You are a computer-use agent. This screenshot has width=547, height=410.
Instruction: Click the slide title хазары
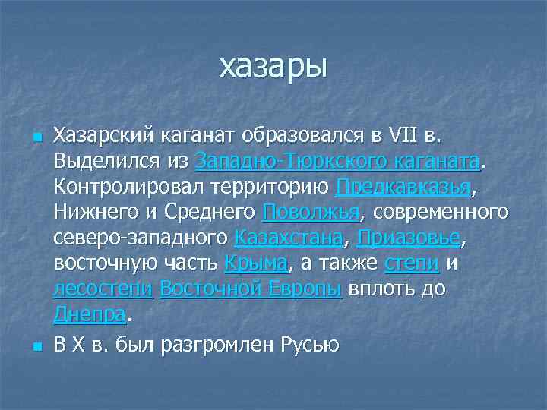[273, 67]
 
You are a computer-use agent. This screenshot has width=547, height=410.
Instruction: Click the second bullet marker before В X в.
[35, 347]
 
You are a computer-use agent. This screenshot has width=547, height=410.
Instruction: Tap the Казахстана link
[289, 238]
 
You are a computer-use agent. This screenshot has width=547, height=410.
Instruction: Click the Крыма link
[256, 263]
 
